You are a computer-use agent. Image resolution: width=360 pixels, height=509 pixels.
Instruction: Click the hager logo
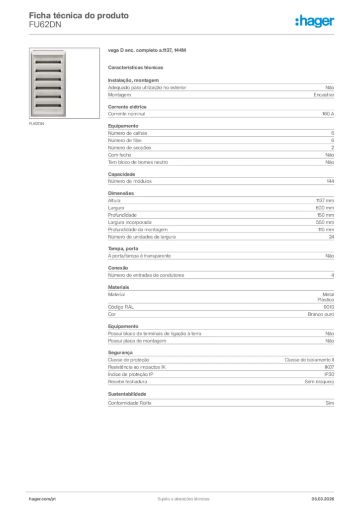point(314,21)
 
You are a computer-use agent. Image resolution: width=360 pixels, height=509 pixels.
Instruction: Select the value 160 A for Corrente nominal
point(328,114)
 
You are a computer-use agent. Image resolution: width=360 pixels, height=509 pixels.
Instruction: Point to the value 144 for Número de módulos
point(330,181)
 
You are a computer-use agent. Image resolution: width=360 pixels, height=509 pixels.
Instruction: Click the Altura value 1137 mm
point(325,200)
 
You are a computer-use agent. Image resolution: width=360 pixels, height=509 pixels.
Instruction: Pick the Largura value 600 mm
point(325,207)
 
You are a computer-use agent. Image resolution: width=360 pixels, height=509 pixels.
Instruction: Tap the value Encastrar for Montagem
point(324,94)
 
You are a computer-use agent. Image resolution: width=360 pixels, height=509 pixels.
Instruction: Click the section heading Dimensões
point(121,193)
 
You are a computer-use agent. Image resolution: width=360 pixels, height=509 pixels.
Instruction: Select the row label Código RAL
point(121,307)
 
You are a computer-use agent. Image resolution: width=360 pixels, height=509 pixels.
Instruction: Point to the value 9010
point(329,307)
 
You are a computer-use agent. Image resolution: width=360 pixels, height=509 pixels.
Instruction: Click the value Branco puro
point(321,314)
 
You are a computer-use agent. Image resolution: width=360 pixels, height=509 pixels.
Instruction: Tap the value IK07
point(329,367)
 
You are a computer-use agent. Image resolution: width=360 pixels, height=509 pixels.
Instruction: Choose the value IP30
point(329,374)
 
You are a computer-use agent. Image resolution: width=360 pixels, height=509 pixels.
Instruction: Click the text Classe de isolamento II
point(309,359)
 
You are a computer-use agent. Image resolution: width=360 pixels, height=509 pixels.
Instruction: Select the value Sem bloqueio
point(319,381)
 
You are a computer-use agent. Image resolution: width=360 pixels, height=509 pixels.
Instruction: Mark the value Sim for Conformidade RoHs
point(330,403)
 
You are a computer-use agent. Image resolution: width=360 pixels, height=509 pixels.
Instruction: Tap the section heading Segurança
point(120,352)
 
